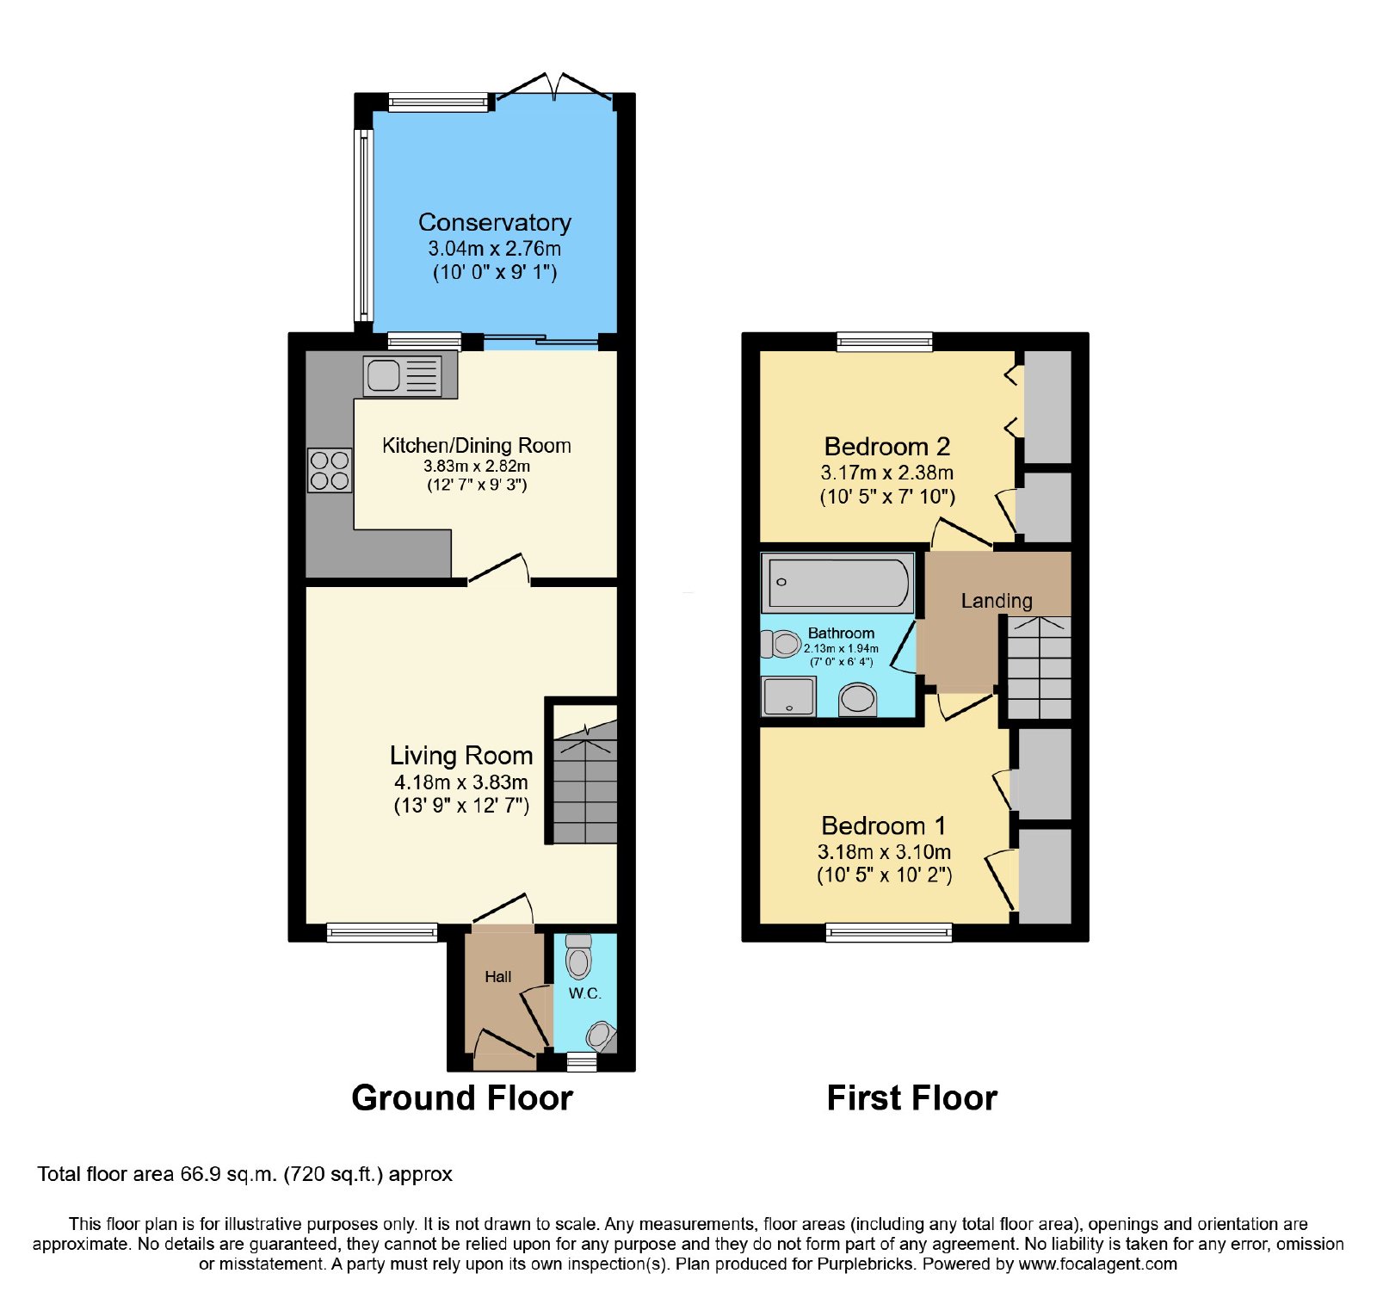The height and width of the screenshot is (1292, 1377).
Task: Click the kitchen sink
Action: point(402,376)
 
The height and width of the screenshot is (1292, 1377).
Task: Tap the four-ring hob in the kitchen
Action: point(330,470)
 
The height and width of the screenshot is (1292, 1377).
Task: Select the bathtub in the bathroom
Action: point(837,583)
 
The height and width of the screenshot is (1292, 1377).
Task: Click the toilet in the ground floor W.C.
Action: point(579,956)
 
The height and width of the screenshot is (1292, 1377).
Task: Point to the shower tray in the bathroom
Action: point(788,696)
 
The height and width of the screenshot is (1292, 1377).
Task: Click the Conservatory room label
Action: point(495,222)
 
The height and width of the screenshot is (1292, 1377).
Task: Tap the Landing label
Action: point(997,601)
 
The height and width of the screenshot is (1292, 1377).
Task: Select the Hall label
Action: point(497,976)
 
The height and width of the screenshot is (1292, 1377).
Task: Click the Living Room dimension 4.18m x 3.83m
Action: point(461,782)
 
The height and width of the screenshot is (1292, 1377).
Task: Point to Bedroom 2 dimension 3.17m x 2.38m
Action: point(887,473)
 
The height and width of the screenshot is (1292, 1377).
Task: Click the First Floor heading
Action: point(912,1098)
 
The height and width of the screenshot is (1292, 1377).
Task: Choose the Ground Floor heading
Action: point(462,1098)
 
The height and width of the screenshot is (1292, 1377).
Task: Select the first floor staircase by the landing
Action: point(1039,667)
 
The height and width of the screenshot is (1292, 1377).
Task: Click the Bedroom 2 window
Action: point(885,342)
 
